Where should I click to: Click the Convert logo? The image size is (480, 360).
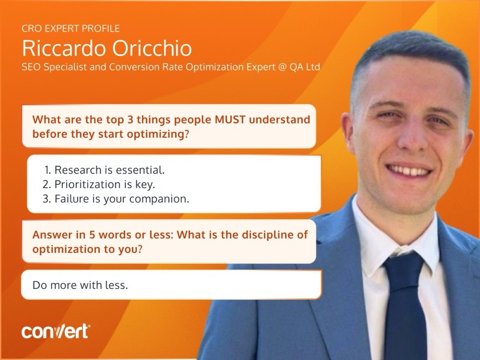click(x=55, y=332)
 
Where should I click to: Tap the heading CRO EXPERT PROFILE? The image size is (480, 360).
click(x=71, y=29)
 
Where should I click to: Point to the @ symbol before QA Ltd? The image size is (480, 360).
click(x=281, y=67)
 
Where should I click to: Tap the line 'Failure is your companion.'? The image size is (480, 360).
click(x=121, y=199)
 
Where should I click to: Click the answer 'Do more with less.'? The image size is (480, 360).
click(x=80, y=285)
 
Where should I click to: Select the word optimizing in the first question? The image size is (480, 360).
click(x=156, y=134)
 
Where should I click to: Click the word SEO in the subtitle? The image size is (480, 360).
click(x=31, y=67)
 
